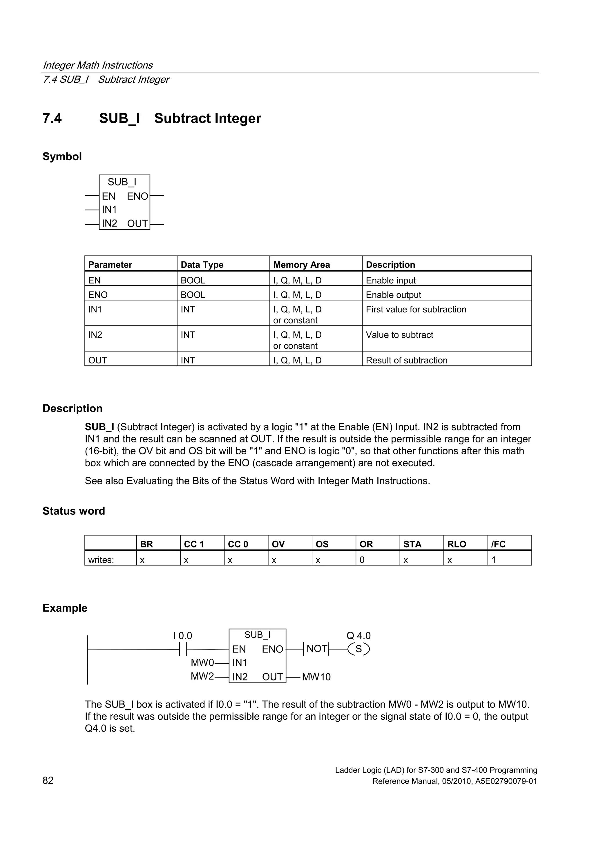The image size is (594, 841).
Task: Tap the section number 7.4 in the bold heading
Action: pyautogui.click(x=52, y=118)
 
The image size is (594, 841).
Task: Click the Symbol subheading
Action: pyautogui.click(x=62, y=156)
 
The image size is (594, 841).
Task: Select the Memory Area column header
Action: pyautogui.click(x=301, y=264)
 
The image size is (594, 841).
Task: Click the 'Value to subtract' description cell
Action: pyautogui.click(x=399, y=335)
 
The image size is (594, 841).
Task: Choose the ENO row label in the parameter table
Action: pyautogui.click(x=98, y=295)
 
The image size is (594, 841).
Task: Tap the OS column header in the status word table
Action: pyautogui.click(x=322, y=544)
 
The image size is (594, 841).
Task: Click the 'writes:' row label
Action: pyautogui.click(x=101, y=560)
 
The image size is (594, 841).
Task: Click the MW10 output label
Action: pyautogui.click(x=316, y=677)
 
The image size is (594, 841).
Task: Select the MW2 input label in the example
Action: pyautogui.click(x=202, y=676)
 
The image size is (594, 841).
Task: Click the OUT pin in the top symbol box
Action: pyautogui.click(x=137, y=224)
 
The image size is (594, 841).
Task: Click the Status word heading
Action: pyautogui.click(x=74, y=511)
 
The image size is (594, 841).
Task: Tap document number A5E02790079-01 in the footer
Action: pyautogui.click(x=506, y=781)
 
